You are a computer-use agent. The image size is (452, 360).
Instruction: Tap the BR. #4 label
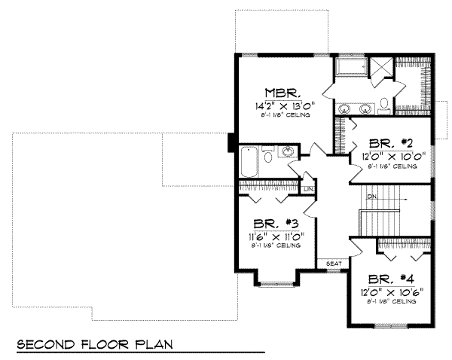(x=389, y=276)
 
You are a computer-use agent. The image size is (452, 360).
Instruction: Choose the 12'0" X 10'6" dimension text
(x=389, y=290)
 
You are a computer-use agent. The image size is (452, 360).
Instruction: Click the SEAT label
(x=334, y=263)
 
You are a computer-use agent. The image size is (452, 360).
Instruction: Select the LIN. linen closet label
(x=308, y=188)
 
